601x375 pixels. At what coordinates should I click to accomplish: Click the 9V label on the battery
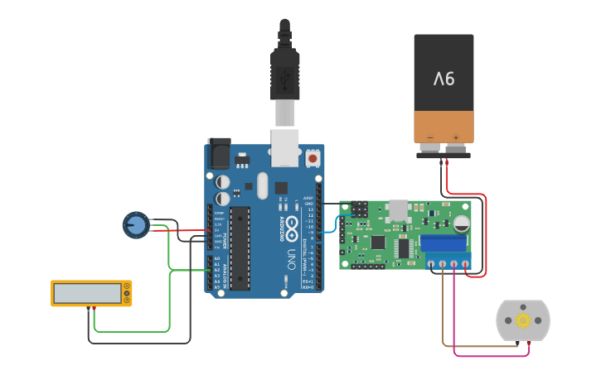[444, 79]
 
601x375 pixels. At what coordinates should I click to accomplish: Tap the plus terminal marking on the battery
[455, 137]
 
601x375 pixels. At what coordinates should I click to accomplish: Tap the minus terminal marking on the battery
[430, 137]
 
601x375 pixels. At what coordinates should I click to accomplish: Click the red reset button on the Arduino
[313, 157]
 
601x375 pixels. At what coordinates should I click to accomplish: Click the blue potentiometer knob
[136, 224]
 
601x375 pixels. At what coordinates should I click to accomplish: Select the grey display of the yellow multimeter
[86, 292]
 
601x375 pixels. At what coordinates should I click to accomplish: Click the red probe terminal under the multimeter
[94, 309]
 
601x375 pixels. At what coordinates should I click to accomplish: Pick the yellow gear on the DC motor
[523, 320]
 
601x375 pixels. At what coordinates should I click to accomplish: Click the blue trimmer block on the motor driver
[444, 243]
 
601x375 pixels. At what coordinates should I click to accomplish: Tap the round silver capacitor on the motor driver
[462, 224]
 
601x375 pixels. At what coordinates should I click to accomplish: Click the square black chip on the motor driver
[378, 243]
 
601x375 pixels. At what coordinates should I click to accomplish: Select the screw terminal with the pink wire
[453, 265]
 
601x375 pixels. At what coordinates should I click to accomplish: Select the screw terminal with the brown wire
[442, 265]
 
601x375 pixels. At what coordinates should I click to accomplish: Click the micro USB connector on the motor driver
[399, 209]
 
